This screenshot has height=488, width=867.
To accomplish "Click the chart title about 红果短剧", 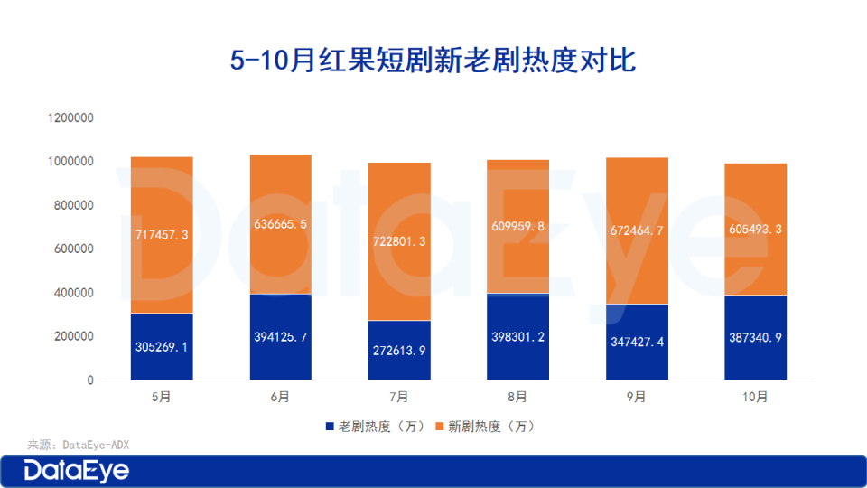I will pyautogui.click(x=433, y=61).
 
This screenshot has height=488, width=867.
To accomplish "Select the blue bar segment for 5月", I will pyautogui.click(x=162, y=361).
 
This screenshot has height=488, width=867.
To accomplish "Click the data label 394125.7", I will pyautogui.click(x=280, y=337).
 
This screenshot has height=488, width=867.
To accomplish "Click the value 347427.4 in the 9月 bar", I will pyautogui.click(x=637, y=343).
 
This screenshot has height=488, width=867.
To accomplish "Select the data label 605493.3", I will pyautogui.click(x=755, y=230).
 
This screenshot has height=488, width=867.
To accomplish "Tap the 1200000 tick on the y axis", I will pyautogui.click(x=71, y=118).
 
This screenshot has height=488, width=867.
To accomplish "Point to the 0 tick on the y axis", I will pyautogui.click(x=90, y=380).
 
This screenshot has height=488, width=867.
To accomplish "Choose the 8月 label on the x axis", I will pyautogui.click(x=517, y=397).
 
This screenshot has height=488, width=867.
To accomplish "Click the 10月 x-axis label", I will pyautogui.click(x=755, y=397).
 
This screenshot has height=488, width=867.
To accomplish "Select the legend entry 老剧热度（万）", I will pyautogui.click(x=369, y=426).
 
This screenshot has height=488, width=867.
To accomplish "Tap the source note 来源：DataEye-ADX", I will pyautogui.click(x=72, y=445).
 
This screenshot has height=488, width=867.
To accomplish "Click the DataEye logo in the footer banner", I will pyautogui.click(x=77, y=471).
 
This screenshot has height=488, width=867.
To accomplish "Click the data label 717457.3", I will pyautogui.click(x=162, y=234).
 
